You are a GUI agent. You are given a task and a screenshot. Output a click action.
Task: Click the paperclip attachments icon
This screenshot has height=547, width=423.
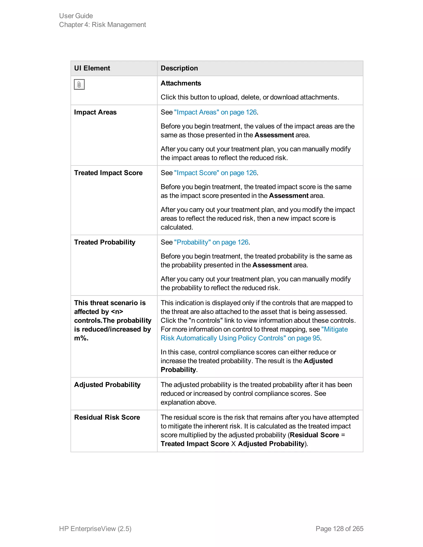click(79, 84)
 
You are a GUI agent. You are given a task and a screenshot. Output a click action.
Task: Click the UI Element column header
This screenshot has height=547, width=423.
click(92, 68)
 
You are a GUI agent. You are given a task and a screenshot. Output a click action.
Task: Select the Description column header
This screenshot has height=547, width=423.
click(179, 68)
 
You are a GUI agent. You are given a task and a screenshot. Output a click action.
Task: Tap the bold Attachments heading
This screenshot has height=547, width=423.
click(181, 83)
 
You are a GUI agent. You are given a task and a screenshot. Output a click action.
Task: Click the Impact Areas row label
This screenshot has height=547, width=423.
click(95, 112)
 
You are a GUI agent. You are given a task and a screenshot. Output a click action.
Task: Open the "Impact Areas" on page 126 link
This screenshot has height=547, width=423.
click(215, 112)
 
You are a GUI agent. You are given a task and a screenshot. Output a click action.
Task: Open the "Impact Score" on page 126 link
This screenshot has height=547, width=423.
click(215, 173)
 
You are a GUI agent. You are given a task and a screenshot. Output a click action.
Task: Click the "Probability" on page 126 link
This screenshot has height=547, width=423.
click(211, 242)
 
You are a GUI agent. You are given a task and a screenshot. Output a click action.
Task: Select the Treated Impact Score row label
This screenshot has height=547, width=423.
click(108, 173)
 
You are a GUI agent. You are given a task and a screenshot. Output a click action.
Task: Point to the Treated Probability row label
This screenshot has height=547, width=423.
click(105, 242)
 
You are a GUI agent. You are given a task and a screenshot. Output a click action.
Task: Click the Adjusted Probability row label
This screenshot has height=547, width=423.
click(107, 385)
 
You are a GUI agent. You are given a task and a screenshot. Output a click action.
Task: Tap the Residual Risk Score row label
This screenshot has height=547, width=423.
click(107, 417)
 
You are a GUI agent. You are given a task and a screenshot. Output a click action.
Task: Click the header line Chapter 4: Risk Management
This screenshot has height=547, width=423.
click(102, 25)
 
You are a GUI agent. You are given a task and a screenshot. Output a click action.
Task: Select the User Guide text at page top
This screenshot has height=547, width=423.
click(76, 16)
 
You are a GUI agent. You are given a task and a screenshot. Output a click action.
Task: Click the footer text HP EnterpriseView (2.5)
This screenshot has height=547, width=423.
click(95, 528)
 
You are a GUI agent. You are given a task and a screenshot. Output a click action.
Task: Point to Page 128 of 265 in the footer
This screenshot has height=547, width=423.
click(339, 528)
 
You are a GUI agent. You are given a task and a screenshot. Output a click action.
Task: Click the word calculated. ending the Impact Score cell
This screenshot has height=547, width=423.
click(177, 227)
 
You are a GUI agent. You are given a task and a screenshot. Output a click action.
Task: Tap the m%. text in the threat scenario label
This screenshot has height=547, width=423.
click(81, 338)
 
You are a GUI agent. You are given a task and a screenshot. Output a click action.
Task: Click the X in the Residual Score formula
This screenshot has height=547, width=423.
click(233, 444)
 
